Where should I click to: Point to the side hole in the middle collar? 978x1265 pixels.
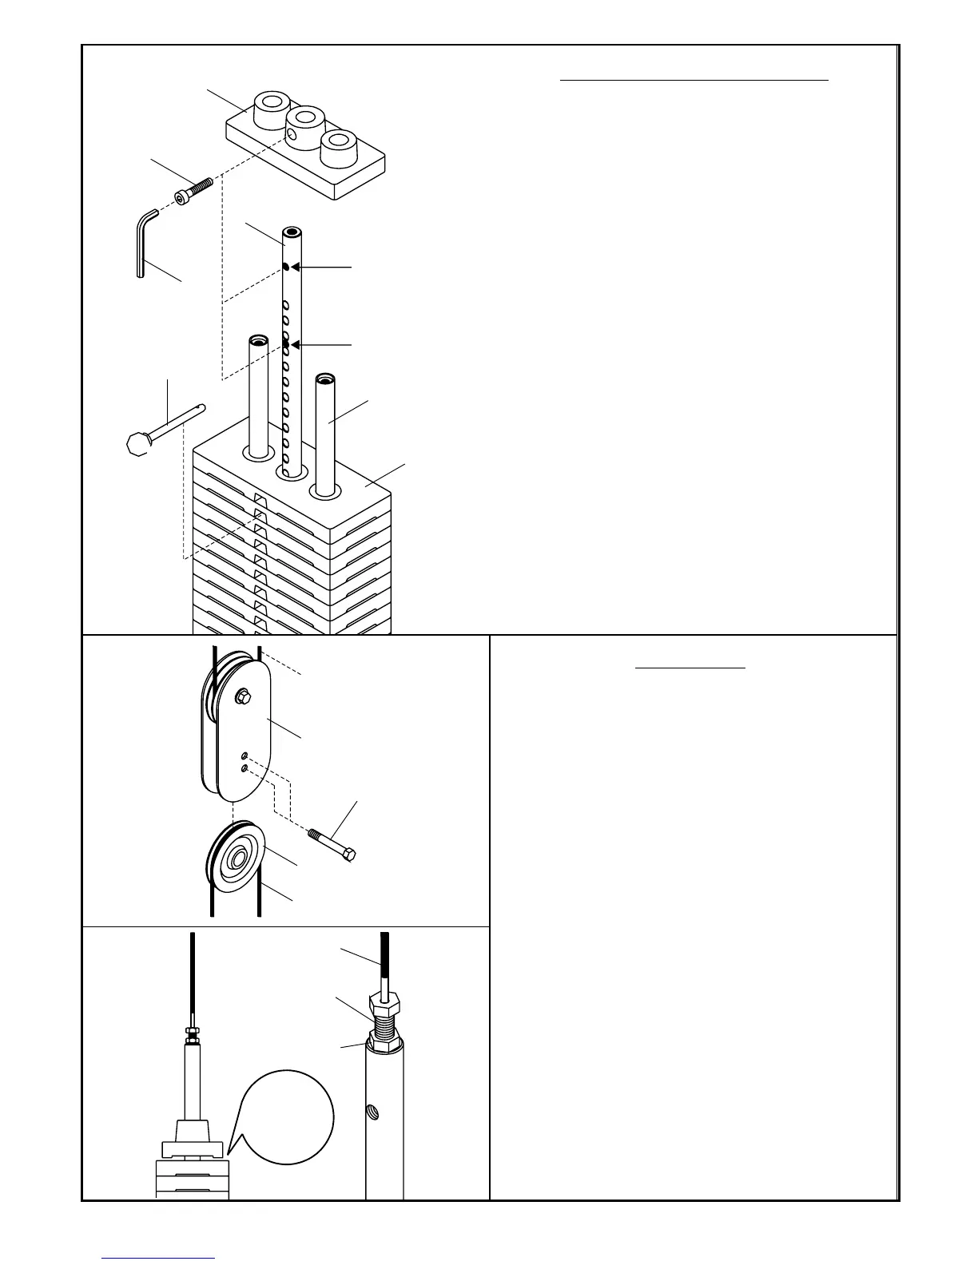[293, 137]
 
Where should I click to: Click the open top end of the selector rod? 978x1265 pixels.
[292, 235]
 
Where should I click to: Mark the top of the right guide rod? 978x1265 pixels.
[324, 379]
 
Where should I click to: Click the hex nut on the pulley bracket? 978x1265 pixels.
[241, 697]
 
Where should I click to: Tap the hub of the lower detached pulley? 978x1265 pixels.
[236, 859]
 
